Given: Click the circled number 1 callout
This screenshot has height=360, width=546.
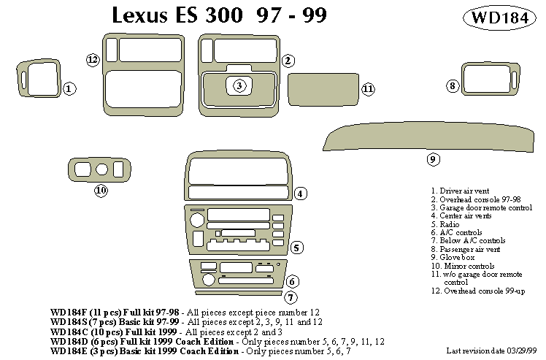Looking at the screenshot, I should tap(69, 89).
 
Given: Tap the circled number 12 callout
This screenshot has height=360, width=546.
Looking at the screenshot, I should tap(92, 60).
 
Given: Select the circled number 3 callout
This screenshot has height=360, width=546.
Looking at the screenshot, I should tap(239, 86).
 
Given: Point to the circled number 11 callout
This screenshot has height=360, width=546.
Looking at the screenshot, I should tap(368, 89).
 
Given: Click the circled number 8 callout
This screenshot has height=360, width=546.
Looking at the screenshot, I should tap(453, 87).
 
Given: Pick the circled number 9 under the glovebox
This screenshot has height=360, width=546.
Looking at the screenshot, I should tap(432, 159).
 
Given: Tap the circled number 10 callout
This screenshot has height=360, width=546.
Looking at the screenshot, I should tap(101, 191).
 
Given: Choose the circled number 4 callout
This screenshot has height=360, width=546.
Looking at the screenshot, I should tap(300, 194).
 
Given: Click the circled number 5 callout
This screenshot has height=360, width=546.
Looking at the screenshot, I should tap(296, 248).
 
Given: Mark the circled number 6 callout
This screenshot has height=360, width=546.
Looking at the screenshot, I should tap(291, 281).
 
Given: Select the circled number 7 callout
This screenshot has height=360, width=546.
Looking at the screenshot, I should tap(291, 297).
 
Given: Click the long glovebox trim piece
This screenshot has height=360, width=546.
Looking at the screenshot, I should tap(431, 136).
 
